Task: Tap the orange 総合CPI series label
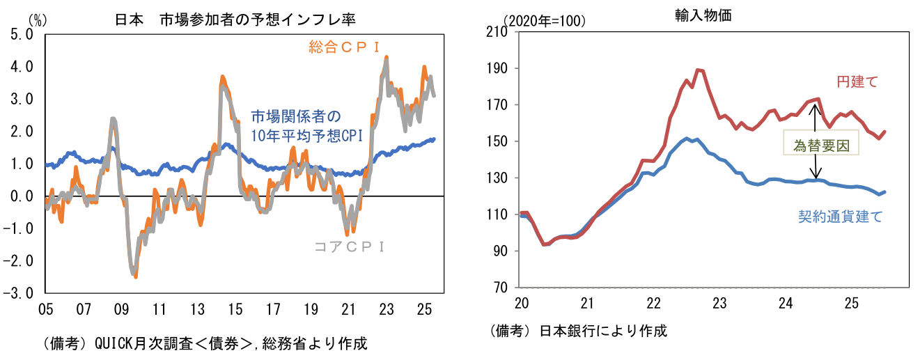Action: pos(343,47)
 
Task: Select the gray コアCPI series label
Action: pos(350,246)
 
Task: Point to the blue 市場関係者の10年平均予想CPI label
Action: pos(306,125)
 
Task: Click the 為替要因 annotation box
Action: pos(820,145)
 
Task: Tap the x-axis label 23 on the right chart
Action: pos(719,304)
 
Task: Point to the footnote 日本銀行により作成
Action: pos(578,331)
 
